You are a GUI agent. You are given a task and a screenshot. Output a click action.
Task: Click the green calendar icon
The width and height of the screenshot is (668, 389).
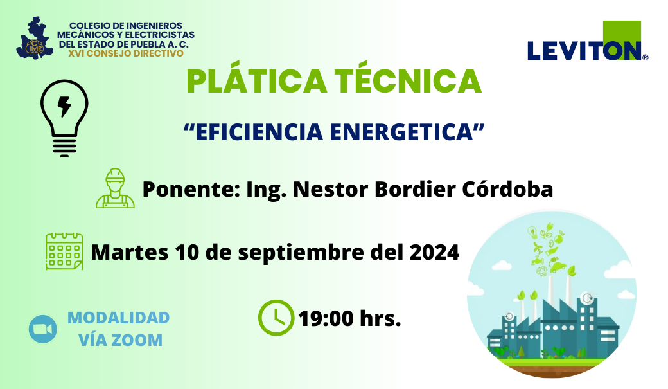[x=64, y=251]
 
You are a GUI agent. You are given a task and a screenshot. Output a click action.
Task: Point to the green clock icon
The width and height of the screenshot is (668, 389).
[x=276, y=318]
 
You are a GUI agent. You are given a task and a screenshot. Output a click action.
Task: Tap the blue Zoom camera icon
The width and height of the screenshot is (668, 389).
[x=43, y=329]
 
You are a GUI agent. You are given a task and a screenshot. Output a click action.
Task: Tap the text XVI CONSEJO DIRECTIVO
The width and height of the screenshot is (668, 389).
[x=126, y=53]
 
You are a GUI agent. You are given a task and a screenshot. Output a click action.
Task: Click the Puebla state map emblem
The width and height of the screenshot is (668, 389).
[x=35, y=38]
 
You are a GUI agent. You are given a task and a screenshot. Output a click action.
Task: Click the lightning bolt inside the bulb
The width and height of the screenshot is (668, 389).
[x=64, y=106]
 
